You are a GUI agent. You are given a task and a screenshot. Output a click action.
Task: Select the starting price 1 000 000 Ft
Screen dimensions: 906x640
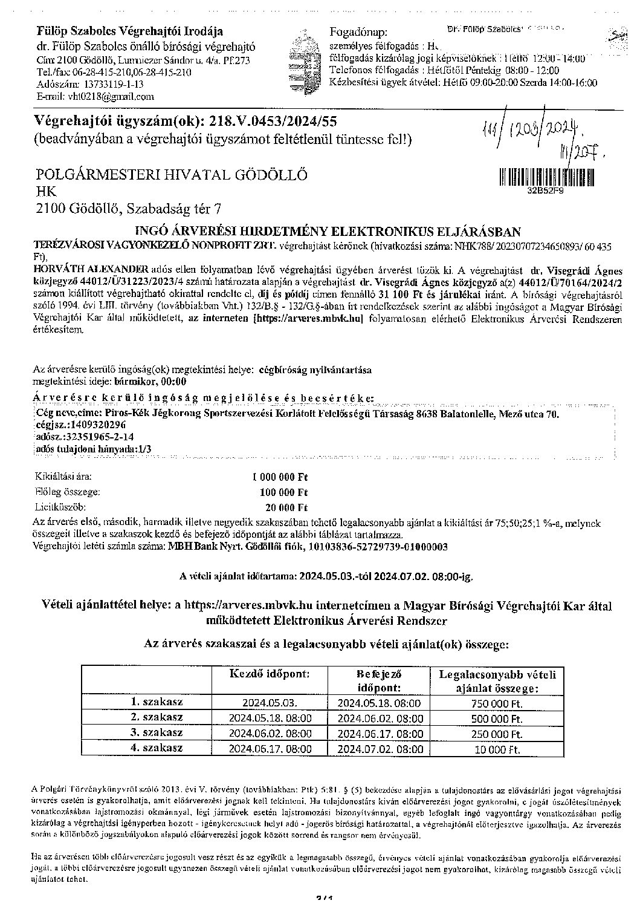[x=280, y=477]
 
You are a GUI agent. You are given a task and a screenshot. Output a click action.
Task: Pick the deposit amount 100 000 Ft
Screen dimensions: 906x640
[x=283, y=492]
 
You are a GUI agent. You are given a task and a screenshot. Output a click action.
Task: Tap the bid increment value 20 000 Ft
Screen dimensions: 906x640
[x=287, y=507]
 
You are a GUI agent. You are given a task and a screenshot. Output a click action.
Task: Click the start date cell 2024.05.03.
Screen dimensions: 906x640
[x=270, y=703]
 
